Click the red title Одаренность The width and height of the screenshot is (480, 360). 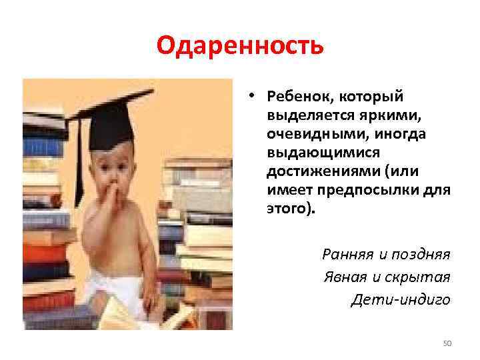(240, 47)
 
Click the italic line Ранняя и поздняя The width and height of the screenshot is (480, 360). (386, 254)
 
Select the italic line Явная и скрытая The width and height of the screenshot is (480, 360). (387, 277)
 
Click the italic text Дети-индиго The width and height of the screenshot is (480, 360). (401, 299)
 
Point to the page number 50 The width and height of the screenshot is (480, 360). (447, 343)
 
